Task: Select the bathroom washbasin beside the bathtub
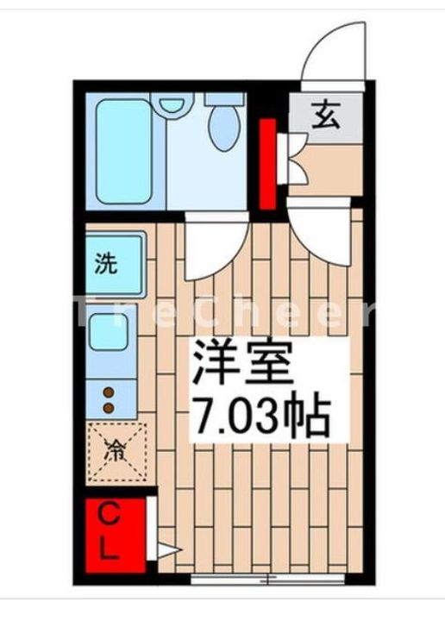click(172, 104)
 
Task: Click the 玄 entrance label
click(325, 114)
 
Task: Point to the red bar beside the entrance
click(267, 164)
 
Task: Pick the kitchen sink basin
click(109, 332)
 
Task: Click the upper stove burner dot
click(109, 392)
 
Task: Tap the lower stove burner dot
click(109, 406)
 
